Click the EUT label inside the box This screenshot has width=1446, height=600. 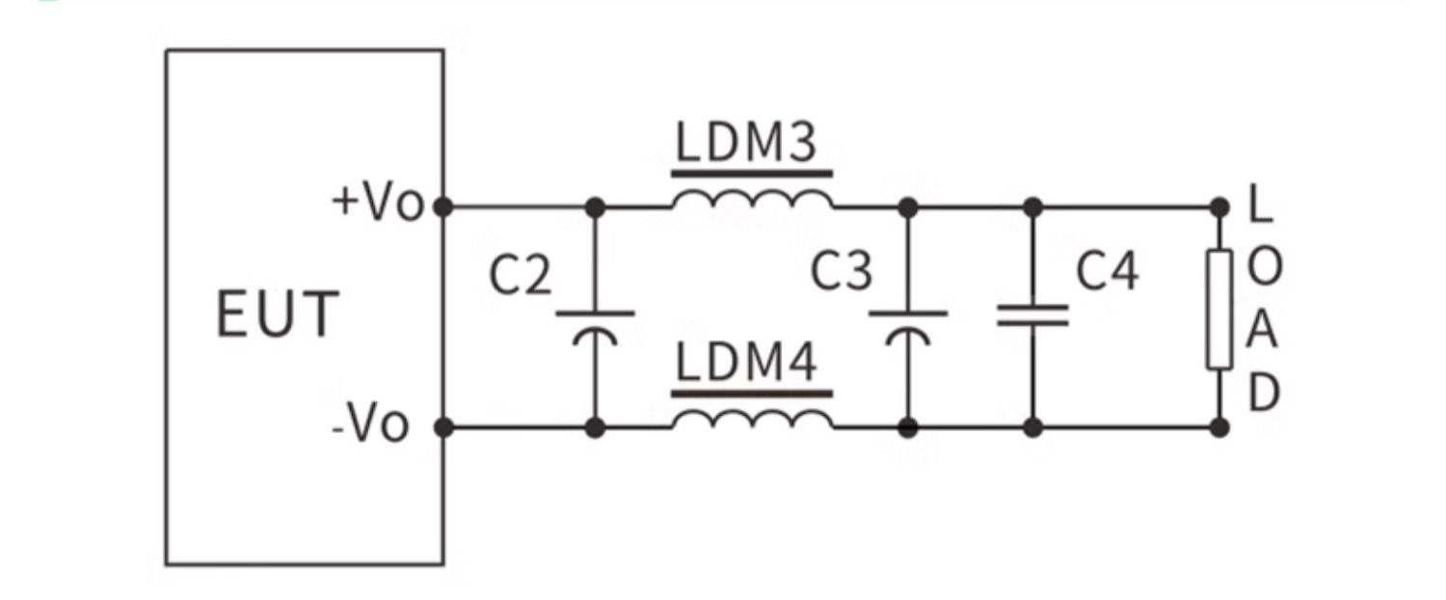tap(278, 314)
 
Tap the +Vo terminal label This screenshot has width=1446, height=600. tap(378, 204)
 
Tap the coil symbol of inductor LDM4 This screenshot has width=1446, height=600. tap(752, 420)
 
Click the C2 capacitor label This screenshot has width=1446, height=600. tap(521, 276)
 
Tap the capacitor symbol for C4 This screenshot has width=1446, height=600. tap(1032, 315)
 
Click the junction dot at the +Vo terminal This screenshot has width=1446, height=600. tap(443, 206)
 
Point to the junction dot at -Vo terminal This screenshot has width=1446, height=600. tap(443, 426)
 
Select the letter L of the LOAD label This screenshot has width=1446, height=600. tap(1256, 205)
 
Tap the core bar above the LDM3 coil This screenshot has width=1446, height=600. tap(752, 175)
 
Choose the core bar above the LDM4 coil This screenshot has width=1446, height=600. tap(752, 393)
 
